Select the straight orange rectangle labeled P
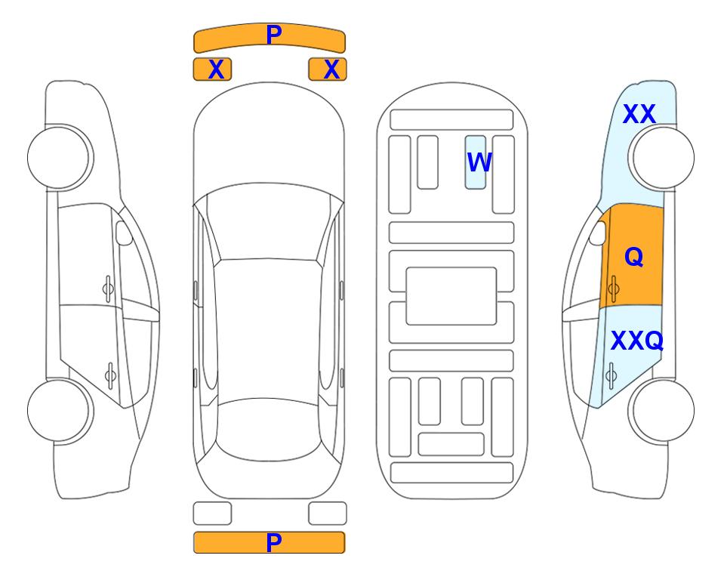click(270, 542)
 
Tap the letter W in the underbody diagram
click(479, 162)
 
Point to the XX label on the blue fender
click(639, 114)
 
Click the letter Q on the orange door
click(634, 257)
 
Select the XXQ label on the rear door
click(637, 341)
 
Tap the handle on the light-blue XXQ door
click(611, 375)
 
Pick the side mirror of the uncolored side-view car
click(124, 233)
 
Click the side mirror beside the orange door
click(598, 233)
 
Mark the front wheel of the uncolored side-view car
click(60, 158)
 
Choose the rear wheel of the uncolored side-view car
click(60, 411)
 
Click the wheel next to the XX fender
click(662, 158)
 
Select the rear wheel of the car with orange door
click(662, 411)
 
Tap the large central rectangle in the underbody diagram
click(451, 296)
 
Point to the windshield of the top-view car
click(269, 223)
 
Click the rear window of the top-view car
click(270, 429)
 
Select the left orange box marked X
click(212, 69)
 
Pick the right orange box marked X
click(328, 69)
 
